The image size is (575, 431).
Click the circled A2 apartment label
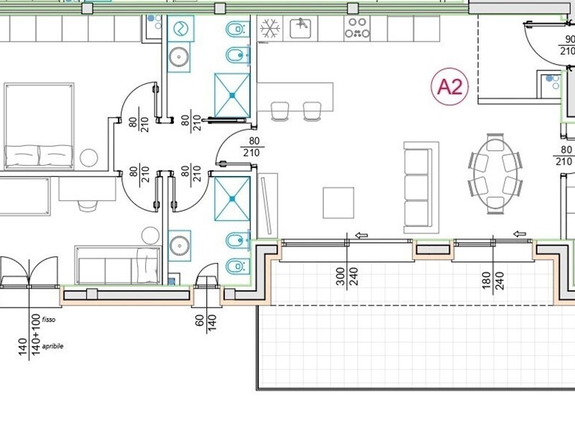click(x=449, y=87)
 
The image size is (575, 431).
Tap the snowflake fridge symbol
click(x=270, y=29)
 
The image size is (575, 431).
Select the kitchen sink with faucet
click(x=300, y=29)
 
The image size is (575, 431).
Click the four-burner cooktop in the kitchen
click(x=356, y=29)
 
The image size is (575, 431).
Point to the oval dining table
click(x=494, y=172)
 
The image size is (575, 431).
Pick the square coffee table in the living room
click(x=338, y=203)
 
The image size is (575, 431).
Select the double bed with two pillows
click(x=39, y=126)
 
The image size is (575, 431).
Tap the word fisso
click(x=49, y=319)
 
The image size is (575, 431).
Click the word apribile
click(x=52, y=346)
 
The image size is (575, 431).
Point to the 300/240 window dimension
click(x=346, y=277)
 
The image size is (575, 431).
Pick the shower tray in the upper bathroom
click(x=231, y=93)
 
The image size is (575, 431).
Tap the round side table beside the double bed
click(x=89, y=157)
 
